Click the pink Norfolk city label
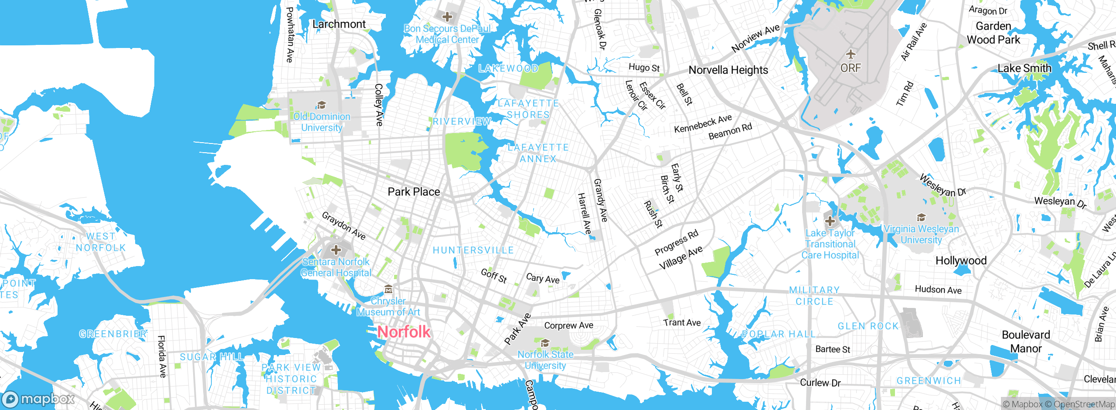pyautogui.click(x=404, y=332)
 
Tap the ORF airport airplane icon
pyautogui.click(x=851, y=55)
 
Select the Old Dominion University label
pyautogui.click(x=322, y=122)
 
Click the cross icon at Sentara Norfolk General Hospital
pyautogui.click(x=336, y=250)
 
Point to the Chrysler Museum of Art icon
pyautogui.click(x=388, y=289)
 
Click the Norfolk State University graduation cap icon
pyautogui.click(x=545, y=342)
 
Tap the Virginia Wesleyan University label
pyautogui.click(x=921, y=234)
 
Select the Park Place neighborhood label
pyautogui.click(x=414, y=192)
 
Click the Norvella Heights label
pyautogui.click(x=728, y=70)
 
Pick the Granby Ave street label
pyautogui.click(x=600, y=200)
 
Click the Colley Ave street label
pyautogui.click(x=379, y=105)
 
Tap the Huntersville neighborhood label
pyautogui.click(x=473, y=250)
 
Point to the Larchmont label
pyautogui.click(x=339, y=24)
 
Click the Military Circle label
pyautogui.click(x=814, y=296)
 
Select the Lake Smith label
pyautogui.click(x=1024, y=68)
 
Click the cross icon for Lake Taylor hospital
pyautogui.click(x=830, y=221)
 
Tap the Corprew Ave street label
pyautogui.click(x=568, y=325)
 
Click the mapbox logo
pyautogui.click(x=38, y=399)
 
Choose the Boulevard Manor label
pyautogui.click(x=1026, y=342)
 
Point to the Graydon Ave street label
pyautogui.click(x=344, y=225)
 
